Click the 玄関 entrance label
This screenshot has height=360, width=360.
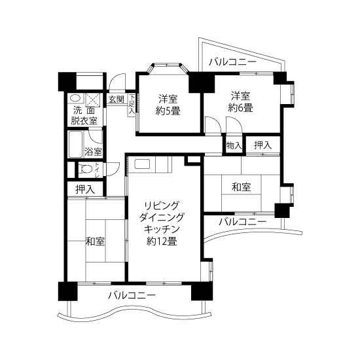point(117,99)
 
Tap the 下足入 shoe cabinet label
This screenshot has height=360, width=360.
point(132,104)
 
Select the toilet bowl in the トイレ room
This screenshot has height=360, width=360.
point(85,170)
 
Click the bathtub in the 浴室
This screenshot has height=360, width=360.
point(75,144)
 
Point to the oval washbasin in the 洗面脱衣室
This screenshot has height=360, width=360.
point(75,98)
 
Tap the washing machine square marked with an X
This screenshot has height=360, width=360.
point(93,100)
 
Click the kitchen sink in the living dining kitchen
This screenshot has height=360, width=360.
point(142,164)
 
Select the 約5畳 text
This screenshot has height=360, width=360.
point(168,111)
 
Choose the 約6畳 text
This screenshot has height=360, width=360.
point(240,108)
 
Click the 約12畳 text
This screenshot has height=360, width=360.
point(162,242)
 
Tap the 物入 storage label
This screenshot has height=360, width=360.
point(234,145)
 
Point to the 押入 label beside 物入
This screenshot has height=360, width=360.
point(263,145)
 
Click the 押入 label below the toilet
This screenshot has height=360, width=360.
point(85,189)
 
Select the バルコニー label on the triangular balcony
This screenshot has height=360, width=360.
point(232,62)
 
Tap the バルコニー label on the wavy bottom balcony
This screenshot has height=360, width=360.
point(132,295)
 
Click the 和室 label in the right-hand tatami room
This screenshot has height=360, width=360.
point(242,187)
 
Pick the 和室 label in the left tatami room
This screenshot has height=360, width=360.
point(95,242)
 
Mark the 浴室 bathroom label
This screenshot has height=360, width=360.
point(93,152)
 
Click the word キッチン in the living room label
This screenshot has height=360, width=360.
point(162,229)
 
